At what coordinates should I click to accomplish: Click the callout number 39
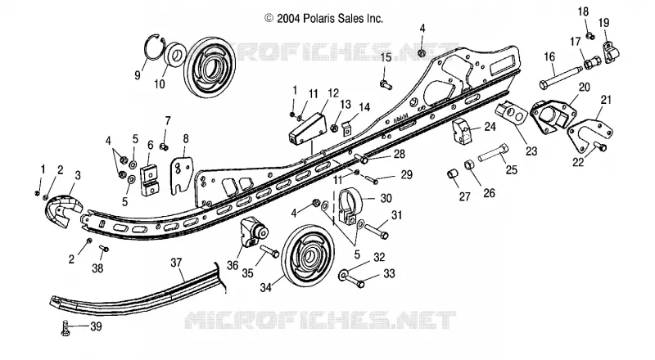click(x=96, y=326)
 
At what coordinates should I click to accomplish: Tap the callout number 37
click(x=176, y=263)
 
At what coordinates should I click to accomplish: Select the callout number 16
click(x=549, y=56)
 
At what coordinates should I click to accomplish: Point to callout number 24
click(x=490, y=127)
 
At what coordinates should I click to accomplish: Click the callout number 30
click(x=386, y=198)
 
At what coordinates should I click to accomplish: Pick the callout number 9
click(x=138, y=75)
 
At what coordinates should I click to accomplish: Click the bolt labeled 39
click(x=65, y=328)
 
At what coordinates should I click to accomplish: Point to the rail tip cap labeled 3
click(x=64, y=210)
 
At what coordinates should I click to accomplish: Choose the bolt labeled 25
click(x=494, y=153)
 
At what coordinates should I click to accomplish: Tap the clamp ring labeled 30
click(x=350, y=206)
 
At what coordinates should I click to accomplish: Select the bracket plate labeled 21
click(x=590, y=134)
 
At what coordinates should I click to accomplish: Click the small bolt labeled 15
click(x=386, y=85)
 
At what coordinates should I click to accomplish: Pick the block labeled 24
click(x=463, y=131)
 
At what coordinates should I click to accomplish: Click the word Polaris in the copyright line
click(x=323, y=18)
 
